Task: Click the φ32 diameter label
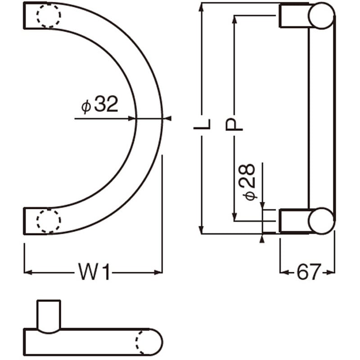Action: [x=99, y=105]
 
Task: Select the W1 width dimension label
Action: [x=94, y=272]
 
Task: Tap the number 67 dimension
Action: [x=308, y=272]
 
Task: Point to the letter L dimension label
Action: [x=202, y=125]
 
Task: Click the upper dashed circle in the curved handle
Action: [x=48, y=16]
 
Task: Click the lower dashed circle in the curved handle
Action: [x=48, y=221]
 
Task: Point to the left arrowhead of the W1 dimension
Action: [x=27, y=272]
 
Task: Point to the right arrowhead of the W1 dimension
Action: [x=158, y=272]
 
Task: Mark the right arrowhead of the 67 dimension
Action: [x=332, y=272]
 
